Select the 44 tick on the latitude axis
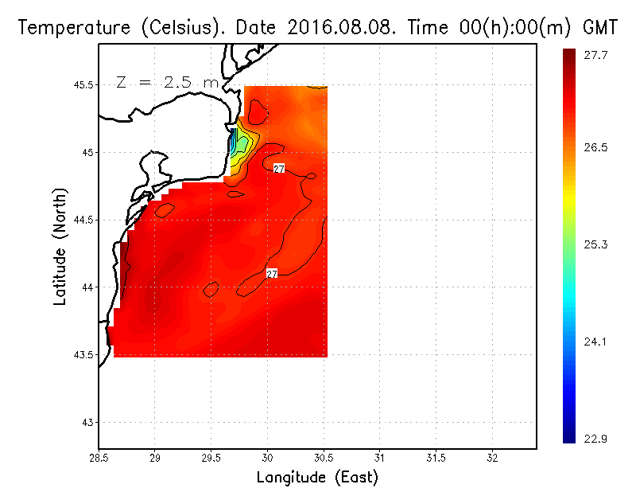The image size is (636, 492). pyautogui.click(x=87, y=287)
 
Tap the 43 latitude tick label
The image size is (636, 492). pyautogui.click(x=87, y=422)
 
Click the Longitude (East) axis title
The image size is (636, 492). pyautogui.click(x=317, y=478)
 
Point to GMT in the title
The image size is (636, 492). pyautogui.click(x=601, y=28)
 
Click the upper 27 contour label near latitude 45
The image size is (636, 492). pyautogui.click(x=279, y=169)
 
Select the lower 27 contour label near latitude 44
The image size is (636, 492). pyautogui.click(x=272, y=274)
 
